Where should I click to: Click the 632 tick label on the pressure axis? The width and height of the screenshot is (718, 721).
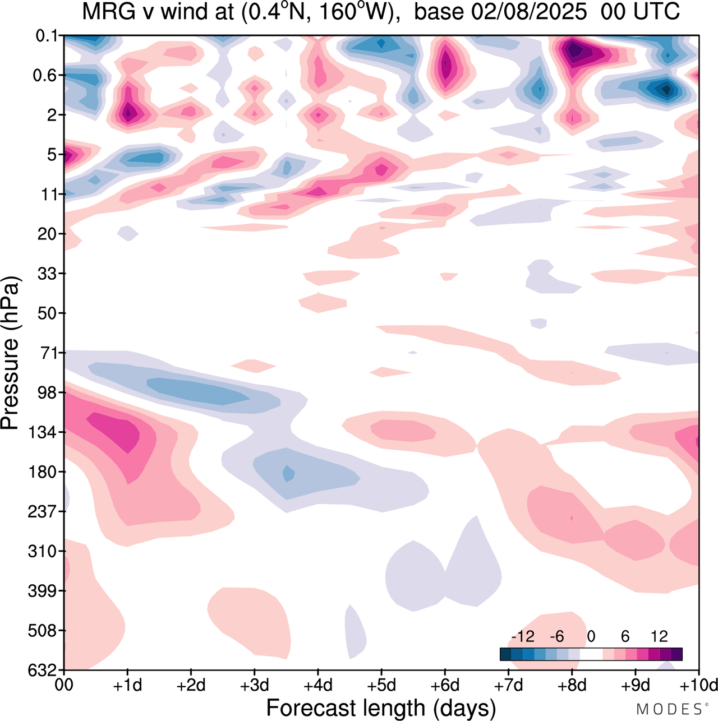point(43,670)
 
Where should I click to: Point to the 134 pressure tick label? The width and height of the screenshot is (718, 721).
point(43,432)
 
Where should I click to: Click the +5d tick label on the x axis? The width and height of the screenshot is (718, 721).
point(381,685)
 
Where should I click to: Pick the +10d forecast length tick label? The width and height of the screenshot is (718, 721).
point(698,685)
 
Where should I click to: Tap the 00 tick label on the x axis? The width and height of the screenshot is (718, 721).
point(64,685)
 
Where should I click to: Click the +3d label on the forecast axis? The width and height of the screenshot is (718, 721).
point(255,685)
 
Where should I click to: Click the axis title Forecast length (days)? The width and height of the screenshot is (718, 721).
point(381,708)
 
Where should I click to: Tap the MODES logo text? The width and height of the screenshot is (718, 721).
point(669,709)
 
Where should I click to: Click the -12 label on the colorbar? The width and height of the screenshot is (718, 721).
point(522,636)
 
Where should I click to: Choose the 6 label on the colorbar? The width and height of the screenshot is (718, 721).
point(625,636)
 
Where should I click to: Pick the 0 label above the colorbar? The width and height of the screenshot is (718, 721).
point(591,636)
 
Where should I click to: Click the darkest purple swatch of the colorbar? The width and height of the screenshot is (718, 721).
point(676,654)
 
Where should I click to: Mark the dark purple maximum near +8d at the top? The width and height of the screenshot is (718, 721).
point(573,50)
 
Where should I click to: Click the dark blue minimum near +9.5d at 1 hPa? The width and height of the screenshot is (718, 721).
point(666,89)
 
